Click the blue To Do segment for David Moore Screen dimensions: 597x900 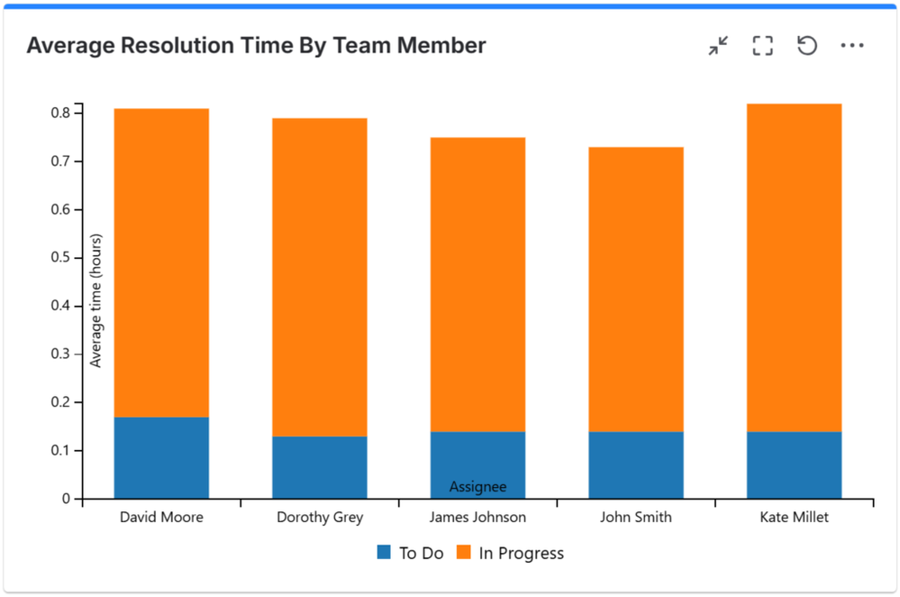coord(161,457)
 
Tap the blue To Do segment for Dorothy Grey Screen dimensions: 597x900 coord(319,467)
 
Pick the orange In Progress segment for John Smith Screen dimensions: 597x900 coord(635,289)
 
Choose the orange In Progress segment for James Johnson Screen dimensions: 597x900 coord(477,284)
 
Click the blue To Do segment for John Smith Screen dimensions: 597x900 coord(635,464)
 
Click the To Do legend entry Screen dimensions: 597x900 coord(411,553)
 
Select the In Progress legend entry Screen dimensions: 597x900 coord(510,553)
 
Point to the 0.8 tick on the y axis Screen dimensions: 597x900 coord(60,114)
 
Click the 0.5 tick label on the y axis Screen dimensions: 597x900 coord(60,258)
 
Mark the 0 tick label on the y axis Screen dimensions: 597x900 coord(66,499)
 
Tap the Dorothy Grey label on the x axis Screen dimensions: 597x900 coord(319,518)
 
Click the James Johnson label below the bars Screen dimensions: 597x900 coord(477,518)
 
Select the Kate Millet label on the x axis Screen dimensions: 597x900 coord(794,518)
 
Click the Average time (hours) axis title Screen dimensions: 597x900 coord(96,300)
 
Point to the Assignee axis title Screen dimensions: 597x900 coord(477,487)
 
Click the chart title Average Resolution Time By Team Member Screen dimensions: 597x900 coord(256,46)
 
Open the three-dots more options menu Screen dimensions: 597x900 coord(851,46)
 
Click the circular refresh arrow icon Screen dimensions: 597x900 coord(807,46)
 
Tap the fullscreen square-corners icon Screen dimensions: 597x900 coord(763,46)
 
